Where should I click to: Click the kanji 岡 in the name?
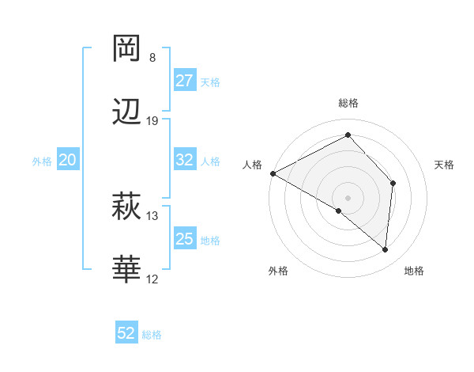pos(127,49)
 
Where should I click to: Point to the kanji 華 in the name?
pos(127,270)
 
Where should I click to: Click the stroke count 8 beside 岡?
pos(152,58)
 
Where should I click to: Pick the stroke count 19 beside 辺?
pos(152,120)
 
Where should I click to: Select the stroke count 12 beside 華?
pos(152,279)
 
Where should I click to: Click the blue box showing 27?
pos(185,81)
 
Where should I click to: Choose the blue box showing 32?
pos(185,160)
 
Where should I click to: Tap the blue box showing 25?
pos(185,239)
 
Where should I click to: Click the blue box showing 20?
pos(67,160)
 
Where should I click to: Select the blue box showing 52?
pos(126,333)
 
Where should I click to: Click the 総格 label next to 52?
pos(152,334)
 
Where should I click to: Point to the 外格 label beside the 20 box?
pos(42,161)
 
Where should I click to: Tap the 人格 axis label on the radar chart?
pos(253,164)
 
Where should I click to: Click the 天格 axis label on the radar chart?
pos(445,164)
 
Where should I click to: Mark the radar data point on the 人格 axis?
pos(273,173)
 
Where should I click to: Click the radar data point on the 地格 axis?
pos(386,249)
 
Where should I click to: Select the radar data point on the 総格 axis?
pos(348,135)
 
